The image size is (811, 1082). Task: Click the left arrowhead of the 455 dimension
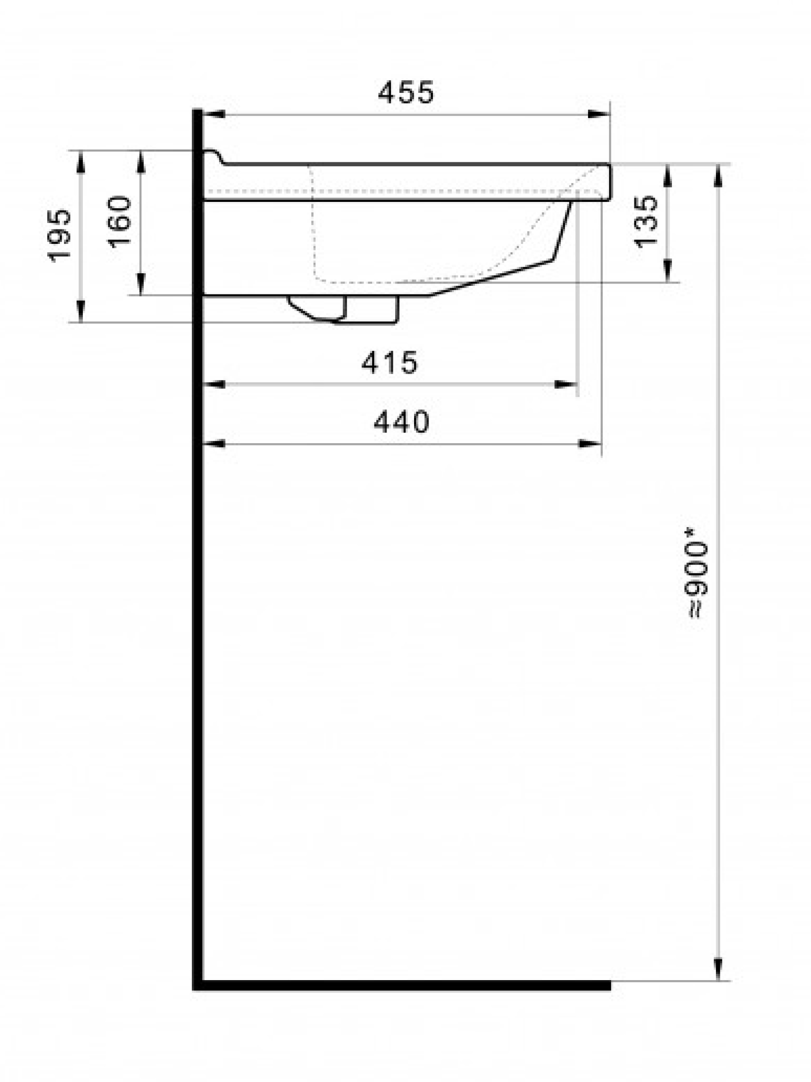[x=214, y=114]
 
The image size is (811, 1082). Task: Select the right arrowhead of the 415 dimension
[x=566, y=385]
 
